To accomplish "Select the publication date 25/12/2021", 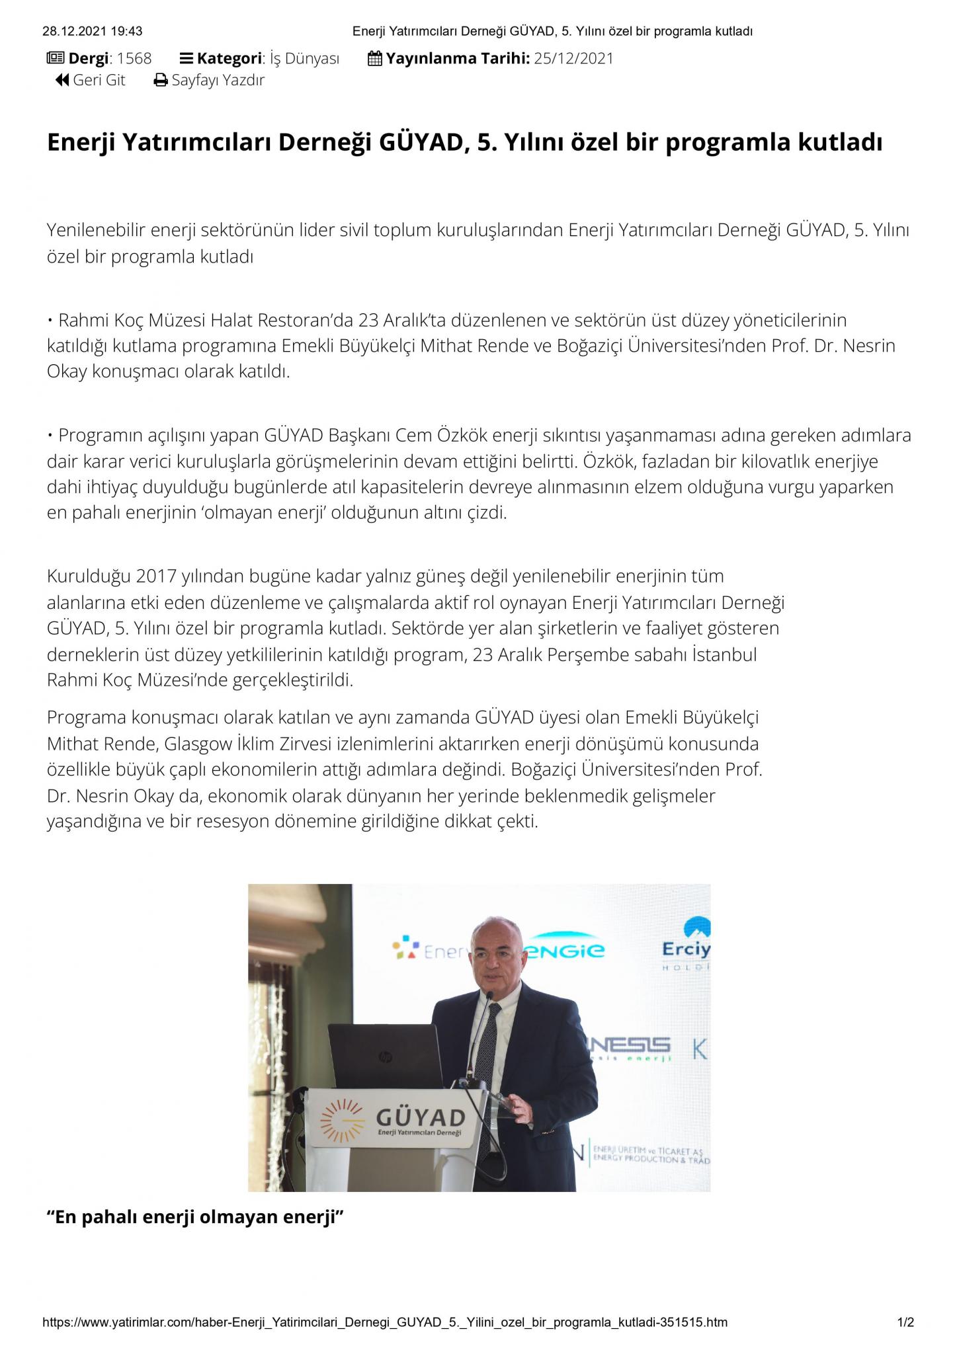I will pyautogui.click(x=573, y=58).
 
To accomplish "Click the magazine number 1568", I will pyautogui.click(x=134, y=58).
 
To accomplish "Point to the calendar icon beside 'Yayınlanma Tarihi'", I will pyautogui.click(x=374, y=59).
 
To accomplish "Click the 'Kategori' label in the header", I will pyautogui.click(x=229, y=58).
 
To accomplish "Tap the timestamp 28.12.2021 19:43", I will pyautogui.click(x=92, y=31).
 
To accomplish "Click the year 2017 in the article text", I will pyautogui.click(x=157, y=576).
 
